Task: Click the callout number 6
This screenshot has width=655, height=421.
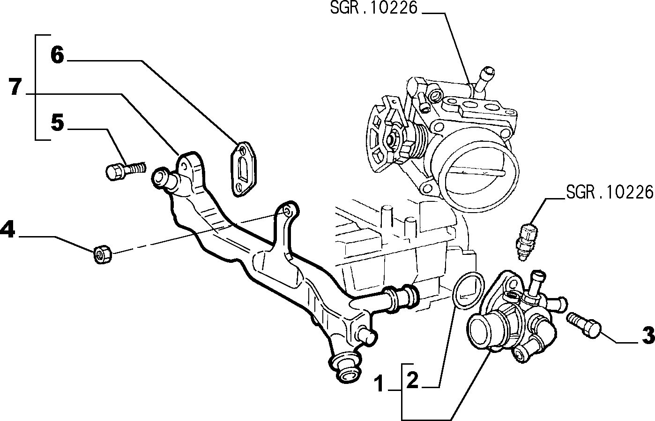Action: click(57, 55)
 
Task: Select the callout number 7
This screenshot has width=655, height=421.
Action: click(15, 86)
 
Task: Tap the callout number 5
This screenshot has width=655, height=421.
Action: click(57, 122)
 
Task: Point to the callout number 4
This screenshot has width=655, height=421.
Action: click(7, 230)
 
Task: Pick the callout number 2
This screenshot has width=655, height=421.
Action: click(412, 380)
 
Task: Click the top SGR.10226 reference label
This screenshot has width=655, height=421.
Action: click(374, 8)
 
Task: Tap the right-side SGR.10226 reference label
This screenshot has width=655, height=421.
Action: click(610, 192)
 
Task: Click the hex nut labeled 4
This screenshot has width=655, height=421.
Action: click(103, 255)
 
